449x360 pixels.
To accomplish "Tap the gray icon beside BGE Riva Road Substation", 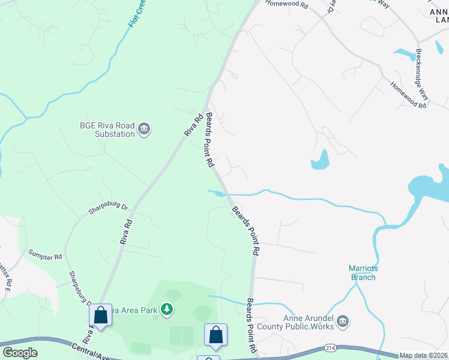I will pos(144,129).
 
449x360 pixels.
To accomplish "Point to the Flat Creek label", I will pos(138,13).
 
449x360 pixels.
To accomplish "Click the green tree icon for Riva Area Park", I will pos(167,310).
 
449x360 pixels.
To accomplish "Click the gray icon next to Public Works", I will pos(343,323).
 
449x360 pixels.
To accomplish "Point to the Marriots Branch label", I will pos(363,272).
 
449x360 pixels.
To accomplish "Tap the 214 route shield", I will pos(330,347).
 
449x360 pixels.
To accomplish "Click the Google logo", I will pos(20,353).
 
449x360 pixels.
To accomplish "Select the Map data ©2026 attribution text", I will pos(424,355).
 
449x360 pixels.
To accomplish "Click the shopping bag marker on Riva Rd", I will pos(101,316).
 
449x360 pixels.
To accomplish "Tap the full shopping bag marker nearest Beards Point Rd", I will pos(215,335).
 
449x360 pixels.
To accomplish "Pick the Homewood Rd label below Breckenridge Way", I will pos(408,95).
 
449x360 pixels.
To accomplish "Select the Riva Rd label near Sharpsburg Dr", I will pos(125,231).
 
